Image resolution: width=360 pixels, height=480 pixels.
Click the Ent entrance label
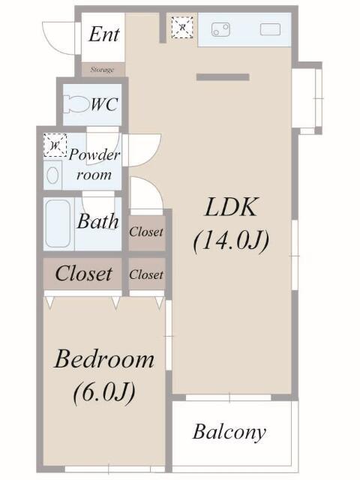(x=104, y=34)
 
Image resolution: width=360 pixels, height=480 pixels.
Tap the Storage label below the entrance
(x=102, y=70)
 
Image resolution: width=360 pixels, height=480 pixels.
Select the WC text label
(x=104, y=105)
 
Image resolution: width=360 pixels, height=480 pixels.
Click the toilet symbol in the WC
(x=75, y=104)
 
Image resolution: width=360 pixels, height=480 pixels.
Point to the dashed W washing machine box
(x=55, y=145)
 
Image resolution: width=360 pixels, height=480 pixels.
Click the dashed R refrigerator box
(x=182, y=28)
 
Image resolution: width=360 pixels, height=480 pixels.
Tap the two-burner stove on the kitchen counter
(x=220, y=30)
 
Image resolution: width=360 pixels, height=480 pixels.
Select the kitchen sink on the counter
(x=270, y=30)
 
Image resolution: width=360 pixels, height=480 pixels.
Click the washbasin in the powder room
(x=52, y=175)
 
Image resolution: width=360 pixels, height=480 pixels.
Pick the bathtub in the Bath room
(x=58, y=223)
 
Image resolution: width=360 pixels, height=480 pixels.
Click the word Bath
(x=98, y=221)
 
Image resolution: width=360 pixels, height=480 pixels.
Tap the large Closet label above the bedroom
(x=83, y=273)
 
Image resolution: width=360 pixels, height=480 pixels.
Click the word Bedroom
(x=104, y=359)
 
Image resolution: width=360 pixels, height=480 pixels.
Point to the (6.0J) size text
(x=104, y=392)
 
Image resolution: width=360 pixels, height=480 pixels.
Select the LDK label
(x=231, y=208)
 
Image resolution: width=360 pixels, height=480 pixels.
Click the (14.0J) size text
(x=232, y=241)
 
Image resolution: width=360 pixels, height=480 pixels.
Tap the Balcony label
(x=229, y=432)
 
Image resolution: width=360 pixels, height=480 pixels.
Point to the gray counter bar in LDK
(x=223, y=77)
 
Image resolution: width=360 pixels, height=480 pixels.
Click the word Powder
(x=94, y=154)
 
